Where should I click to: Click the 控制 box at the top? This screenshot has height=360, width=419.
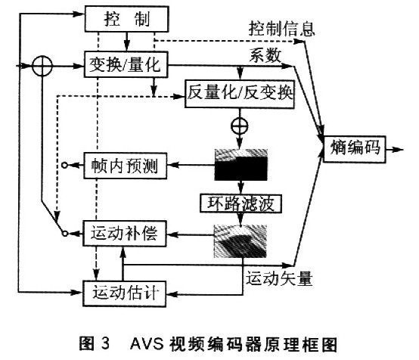(x=126, y=19)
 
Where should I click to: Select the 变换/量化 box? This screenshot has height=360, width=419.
(x=126, y=64)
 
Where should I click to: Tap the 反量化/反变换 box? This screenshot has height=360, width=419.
(x=240, y=94)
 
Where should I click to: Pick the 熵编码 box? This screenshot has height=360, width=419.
(x=355, y=149)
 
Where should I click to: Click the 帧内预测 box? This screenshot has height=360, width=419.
(x=125, y=166)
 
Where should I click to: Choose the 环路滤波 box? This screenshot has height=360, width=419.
(x=241, y=203)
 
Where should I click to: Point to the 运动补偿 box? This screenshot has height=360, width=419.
(x=125, y=233)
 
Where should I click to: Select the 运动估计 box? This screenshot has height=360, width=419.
(x=124, y=293)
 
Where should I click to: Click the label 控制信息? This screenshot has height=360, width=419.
(x=281, y=29)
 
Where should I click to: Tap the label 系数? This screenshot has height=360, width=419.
(x=265, y=56)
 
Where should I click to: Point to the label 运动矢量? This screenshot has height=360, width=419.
(x=279, y=278)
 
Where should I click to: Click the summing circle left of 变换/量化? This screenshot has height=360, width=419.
(x=42, y=66)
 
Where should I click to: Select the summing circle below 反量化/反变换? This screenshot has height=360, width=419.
(x=240, y=126)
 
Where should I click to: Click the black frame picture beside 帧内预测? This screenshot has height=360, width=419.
(x=241, y=165)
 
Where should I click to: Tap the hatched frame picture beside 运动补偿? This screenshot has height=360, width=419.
(x=240, y=241)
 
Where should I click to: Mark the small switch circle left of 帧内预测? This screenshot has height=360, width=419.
(x=64, y=165)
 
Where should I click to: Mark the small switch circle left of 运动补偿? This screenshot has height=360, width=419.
(x=65, y=234)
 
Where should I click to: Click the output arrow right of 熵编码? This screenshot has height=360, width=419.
(x=394, y=150)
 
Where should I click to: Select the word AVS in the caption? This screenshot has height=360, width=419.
(x=147, y=343)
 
